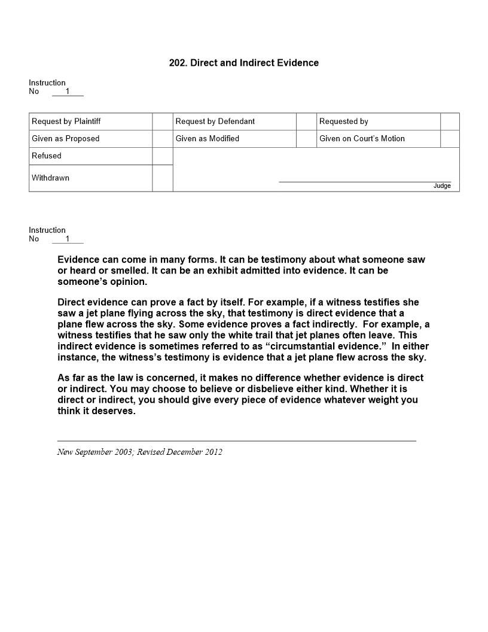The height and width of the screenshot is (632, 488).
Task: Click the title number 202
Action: [178, 63]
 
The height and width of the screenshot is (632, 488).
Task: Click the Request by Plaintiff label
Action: [66, 121]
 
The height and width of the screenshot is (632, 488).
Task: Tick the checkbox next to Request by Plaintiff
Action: [162, 121]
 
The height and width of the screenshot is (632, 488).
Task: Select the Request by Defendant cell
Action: [215, 121]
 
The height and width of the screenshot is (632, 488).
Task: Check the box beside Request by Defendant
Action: [306, 121]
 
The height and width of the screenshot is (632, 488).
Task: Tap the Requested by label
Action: [344, 121]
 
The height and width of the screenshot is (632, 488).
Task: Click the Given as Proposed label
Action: [66, 139]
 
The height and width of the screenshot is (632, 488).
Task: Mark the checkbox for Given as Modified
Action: [306, 139]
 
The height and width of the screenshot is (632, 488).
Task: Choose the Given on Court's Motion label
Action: [362, 139]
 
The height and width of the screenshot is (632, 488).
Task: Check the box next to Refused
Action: [162, 156]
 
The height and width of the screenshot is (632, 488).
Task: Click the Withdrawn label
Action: [51, 178]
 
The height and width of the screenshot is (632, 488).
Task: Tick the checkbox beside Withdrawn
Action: [162, 178]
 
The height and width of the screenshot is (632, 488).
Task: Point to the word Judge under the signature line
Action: [442, 186]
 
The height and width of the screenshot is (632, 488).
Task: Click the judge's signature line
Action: [365, 181]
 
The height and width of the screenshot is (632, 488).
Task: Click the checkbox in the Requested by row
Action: [450, 121]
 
